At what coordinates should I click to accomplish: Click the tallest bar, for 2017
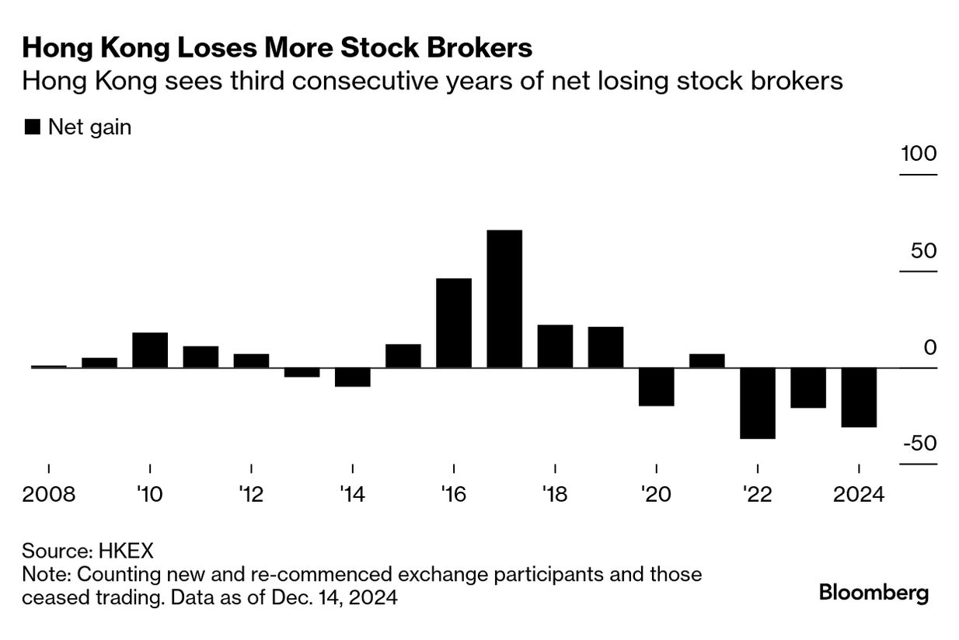[504, 298]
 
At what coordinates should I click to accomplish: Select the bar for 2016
[454, 322]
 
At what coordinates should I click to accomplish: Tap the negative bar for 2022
[758, 403]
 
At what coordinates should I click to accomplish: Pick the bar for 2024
[859, 397]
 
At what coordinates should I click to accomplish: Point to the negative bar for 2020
[657, 387]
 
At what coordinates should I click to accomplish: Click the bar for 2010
[150, 350]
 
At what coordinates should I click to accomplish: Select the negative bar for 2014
[353, 377]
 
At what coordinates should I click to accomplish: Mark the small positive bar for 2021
[707, 360]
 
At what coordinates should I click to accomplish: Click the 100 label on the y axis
[919, 154]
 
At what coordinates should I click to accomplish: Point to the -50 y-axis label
[919, 443]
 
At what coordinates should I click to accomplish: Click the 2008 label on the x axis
[49, 495]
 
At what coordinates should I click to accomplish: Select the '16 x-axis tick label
[454, 495]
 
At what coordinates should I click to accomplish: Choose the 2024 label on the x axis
[858, 495]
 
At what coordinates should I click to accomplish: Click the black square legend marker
[33, 127]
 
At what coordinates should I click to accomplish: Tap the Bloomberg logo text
[874, 593]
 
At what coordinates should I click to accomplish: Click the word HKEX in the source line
[126, 551]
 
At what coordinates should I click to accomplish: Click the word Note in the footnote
[44, 575]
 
